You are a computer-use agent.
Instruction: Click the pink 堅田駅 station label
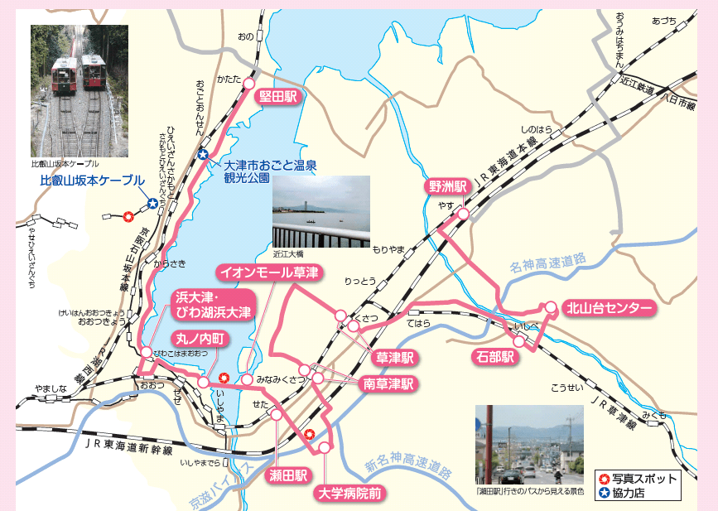pyautogui.click(x=277, y=97)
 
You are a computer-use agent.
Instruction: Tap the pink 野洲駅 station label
pyautogui.click(x=448, y=186)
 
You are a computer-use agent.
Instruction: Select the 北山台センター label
pyautogui.click(x=609, y=308)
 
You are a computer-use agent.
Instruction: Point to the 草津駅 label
pyautogui.click(x=394, y=358)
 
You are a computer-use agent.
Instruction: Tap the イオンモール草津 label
pyautogui.click(x=268, y=272)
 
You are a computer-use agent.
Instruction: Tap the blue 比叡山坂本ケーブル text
pyautogui.click(x=92, y=180)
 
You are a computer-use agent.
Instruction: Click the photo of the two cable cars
pyautogui.click(x=80, y=90)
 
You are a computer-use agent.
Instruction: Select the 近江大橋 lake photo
pyautogui.click(x=321, y=211)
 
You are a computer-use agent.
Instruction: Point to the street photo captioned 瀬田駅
pyautogui.click(x=529, y=444)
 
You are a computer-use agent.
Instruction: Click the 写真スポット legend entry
pyautogui.click(x=638, y=479)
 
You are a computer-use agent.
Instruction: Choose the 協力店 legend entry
pyautogui.click(x=630, y=494)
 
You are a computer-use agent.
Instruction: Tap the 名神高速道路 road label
pyautogui.click(x=547, y=264)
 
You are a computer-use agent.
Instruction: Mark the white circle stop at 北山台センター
pyautogui.click(x=551, y=307)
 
